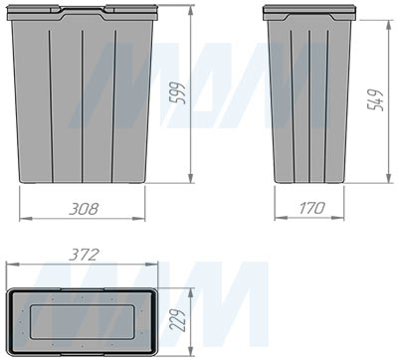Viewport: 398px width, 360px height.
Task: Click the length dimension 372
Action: [84, 256]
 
